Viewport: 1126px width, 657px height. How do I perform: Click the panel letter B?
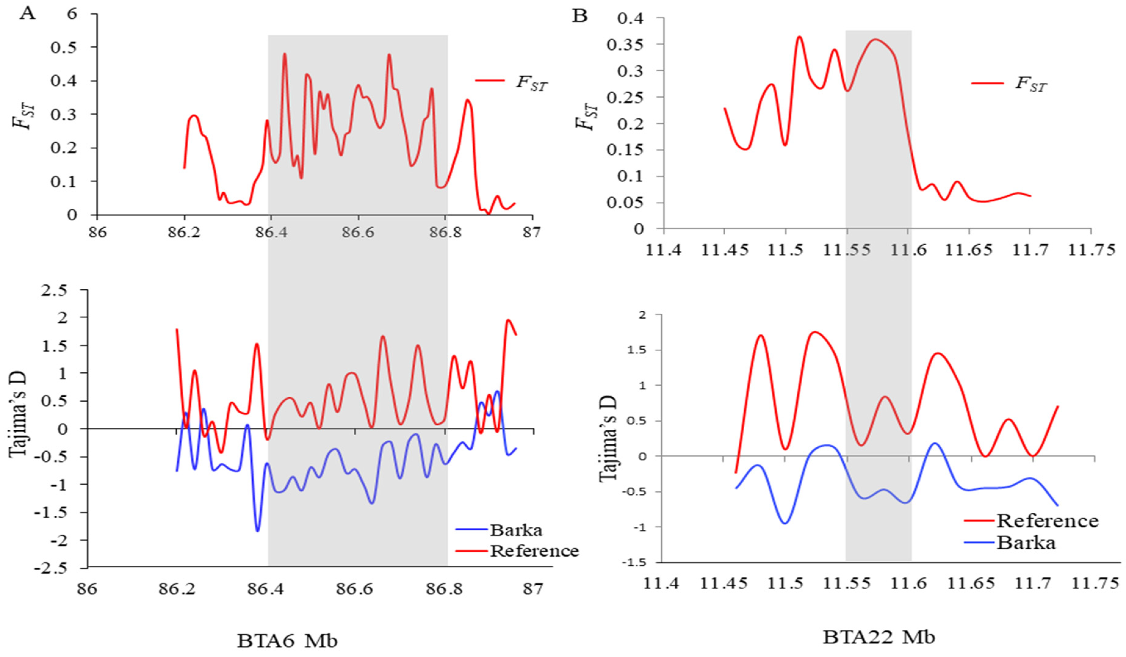580,16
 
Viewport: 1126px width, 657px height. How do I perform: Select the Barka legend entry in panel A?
516,530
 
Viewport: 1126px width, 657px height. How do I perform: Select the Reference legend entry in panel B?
1047,521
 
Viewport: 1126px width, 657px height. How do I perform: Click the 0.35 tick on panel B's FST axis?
625,45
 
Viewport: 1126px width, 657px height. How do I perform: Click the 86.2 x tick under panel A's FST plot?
184,233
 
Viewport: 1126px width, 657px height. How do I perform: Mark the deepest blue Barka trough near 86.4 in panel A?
257,531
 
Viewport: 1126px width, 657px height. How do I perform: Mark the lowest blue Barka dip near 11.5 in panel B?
785,523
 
